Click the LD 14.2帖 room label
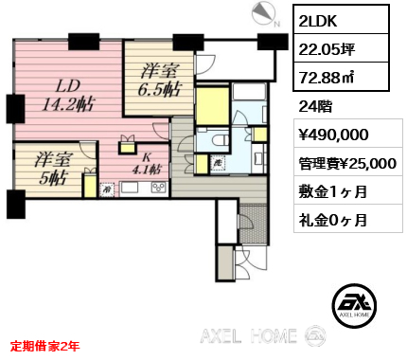pyautogui.click(x=69, y=96)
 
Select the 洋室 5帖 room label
pyautogui.click(x=52, y=169)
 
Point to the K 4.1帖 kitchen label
pyautogui.click(x=147, y=165)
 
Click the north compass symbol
pyautogui.click(x=265, y=14)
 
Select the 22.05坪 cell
pyautogui.click(x=341, y=48)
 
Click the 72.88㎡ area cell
pyautogui.click(x=341, y=77)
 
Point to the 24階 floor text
pyautogui.click(x=315, y=106)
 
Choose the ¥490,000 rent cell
pyautogui.click(x=348, y=134)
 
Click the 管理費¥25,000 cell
pyautogui.click(x=348, y=162)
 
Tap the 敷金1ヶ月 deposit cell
pyautogui.click(x=348, y=190)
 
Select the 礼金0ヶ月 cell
pyautogui.click(x=348, y=219)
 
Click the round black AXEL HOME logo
pyautogui.click(x=354, y=305)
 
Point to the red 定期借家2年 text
pyautogui.click(x=44, y=347)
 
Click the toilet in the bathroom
pyautogui.click(x=221, y=139)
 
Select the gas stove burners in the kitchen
pyautogui.click(x=159, y=188)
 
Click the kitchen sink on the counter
pyautogui.click(x=130, y=188)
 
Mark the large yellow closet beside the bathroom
pyautogui.click(x=212, y=106)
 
